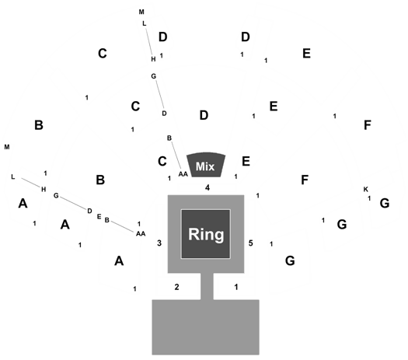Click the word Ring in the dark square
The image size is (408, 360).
click(x=206, y=234)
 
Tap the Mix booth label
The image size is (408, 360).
click(x=205, y=166)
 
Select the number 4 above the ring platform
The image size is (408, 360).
click(x=207, y=187)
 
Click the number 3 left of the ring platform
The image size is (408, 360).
click(x=159, y=243)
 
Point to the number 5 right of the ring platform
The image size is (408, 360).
click(x=250, y=243)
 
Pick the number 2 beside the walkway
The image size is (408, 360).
click(x=176, y=287)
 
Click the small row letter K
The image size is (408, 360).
click(x=365, y=189)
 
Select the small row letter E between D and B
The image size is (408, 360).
click(x=99, y=217)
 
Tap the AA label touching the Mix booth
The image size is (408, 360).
click(x=183, y=174)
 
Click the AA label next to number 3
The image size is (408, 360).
click(x=141, y=234)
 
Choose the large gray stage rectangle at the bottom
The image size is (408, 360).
click(x=206, y=327)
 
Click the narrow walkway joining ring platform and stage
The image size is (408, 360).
click(x=207, y=286)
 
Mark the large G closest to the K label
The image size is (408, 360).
click(x=385, y=203)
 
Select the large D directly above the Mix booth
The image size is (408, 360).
click(x=204, y=115)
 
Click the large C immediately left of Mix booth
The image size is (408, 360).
click(x=162, y=162)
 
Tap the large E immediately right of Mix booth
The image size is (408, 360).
click(x=246, y=162)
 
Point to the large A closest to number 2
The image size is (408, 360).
click(x=119, y=260)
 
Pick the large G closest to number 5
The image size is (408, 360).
click(x=290, y=260)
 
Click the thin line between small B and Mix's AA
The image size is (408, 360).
click(x=176, y=156)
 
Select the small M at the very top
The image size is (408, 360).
click(x=141, y=12)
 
